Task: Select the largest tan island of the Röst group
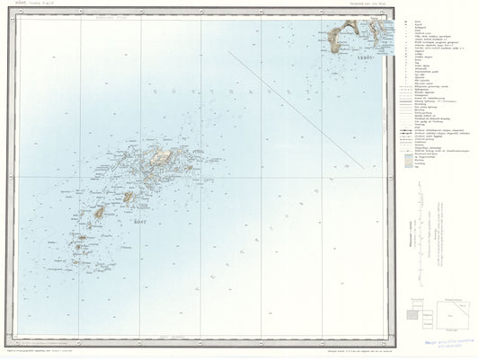pyautogui.click(x=163, y=156)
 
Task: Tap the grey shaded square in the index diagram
pyautogui.click(x=414, y=314)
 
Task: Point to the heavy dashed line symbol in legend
pyautogui.click(x=408, y=132)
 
